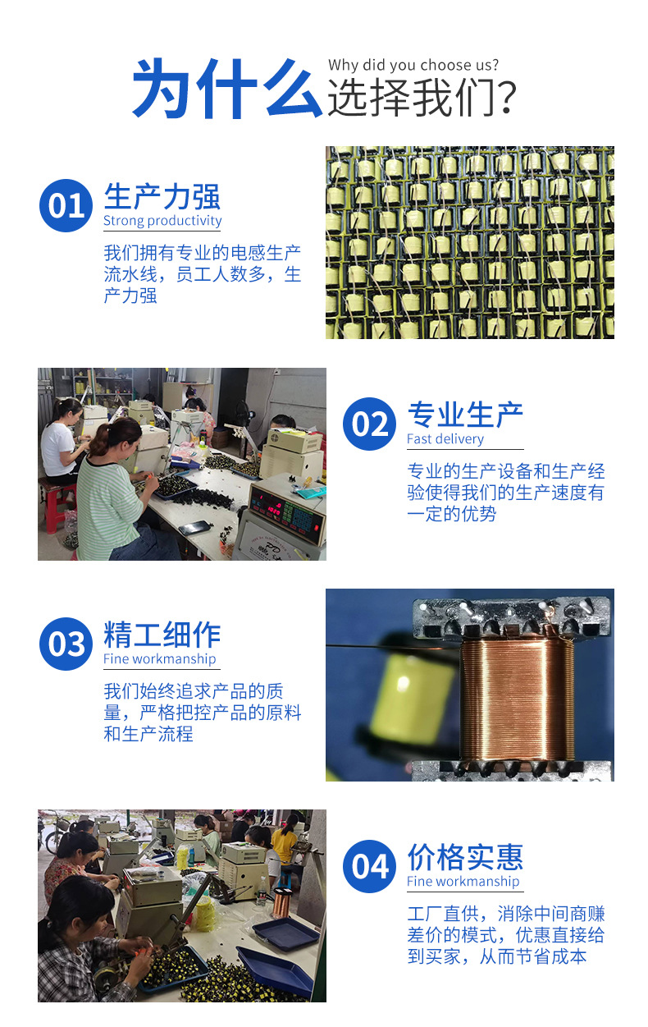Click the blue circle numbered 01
coord(66,205)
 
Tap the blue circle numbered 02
coord(369,424)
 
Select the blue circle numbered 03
coord(66,644)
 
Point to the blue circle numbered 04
coord(369,866)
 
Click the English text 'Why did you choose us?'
coord(413,65)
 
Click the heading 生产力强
coord(162,197)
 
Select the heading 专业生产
coord(465,415)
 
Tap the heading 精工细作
coord(162,635)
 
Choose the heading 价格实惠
coord(465,857)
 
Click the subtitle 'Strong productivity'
coord(162,221)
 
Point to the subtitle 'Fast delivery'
coord(445,439)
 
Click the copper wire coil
coord(516,698)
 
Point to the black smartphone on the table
coord(195,527)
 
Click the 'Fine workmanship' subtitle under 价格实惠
coord(463,882)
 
